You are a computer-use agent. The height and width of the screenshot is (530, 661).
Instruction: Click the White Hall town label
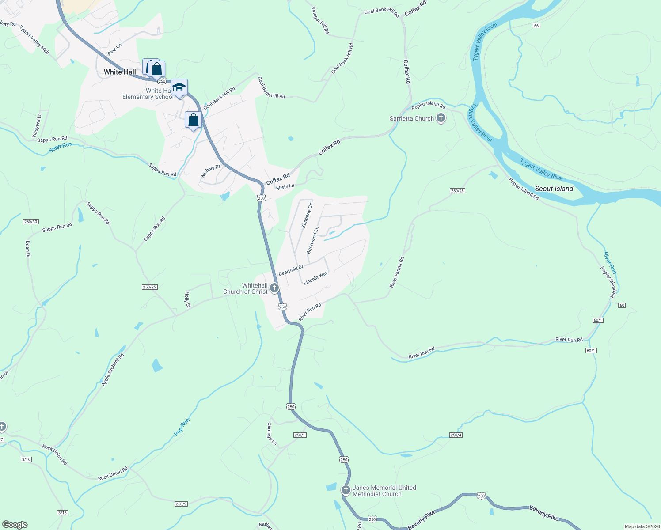pos(120,72)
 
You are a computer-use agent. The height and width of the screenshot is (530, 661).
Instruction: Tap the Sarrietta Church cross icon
pos(441,118)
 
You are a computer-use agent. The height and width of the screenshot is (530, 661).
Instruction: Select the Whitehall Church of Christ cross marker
pos(274,288)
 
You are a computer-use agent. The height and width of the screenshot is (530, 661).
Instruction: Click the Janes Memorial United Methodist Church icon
pos(346,490)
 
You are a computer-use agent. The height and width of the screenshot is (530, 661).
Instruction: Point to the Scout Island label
pos(554,189)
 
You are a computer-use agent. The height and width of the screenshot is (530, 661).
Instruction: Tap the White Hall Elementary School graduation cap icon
pos(179,87)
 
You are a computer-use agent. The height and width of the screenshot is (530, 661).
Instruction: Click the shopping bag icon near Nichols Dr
pos(193,120)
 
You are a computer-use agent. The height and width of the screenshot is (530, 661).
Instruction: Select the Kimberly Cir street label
pos(307,216)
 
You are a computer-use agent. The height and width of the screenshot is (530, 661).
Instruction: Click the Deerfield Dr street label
pos(291,270)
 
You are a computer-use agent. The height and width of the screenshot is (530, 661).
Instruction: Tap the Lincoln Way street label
pos(315,278)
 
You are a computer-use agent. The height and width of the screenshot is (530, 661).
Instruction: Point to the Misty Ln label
pos(285,187)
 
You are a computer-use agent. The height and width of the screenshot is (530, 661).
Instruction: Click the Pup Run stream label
pos(182,427)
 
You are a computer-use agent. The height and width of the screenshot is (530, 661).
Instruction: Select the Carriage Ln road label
pos(271,434)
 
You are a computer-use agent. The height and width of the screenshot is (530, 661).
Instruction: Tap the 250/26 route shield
pos(457,191)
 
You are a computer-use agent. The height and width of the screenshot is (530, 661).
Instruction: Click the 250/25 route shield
pos(150,287)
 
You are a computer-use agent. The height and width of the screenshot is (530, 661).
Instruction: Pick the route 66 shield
pos(536,26)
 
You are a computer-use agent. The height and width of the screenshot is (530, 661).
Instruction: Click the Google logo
pos(15,525)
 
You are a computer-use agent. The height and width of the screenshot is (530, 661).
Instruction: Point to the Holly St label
pos(187,299)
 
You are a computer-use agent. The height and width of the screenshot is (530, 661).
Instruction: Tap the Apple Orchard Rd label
pos(113,370)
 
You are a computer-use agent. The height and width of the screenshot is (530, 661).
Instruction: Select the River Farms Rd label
pos(396,272)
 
